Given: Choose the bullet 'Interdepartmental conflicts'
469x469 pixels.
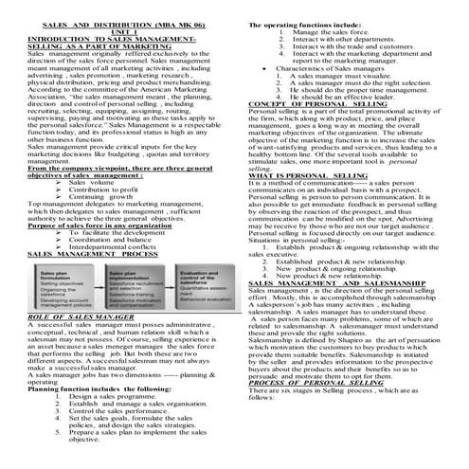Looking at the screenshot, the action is [x=117, y=246].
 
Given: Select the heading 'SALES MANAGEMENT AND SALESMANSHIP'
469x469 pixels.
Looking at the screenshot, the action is [x=337, y=256].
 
